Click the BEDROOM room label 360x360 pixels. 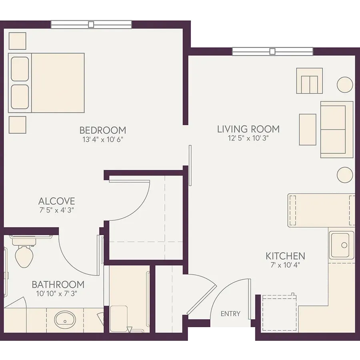(103, 130)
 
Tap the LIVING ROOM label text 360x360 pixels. (248, 129)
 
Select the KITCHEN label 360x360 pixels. (285, 256)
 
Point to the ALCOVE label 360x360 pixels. (56, 201)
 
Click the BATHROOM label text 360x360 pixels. (58, 284)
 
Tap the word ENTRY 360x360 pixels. (230, 314)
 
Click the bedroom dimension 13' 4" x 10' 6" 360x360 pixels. (103, 139)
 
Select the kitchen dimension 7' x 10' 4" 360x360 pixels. (285, 265)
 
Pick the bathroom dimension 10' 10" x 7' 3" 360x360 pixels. (56, 294)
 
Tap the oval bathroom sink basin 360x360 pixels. (65, 320)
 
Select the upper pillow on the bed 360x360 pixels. (20, 69)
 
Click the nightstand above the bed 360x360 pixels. (18, 41)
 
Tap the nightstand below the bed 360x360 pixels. (18, 125)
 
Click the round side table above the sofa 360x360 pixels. (345, 84)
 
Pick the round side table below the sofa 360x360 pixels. (345, 175)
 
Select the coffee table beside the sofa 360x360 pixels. (308, 130)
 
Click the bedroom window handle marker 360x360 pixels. (91, 24)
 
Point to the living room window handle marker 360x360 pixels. (272, 52)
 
